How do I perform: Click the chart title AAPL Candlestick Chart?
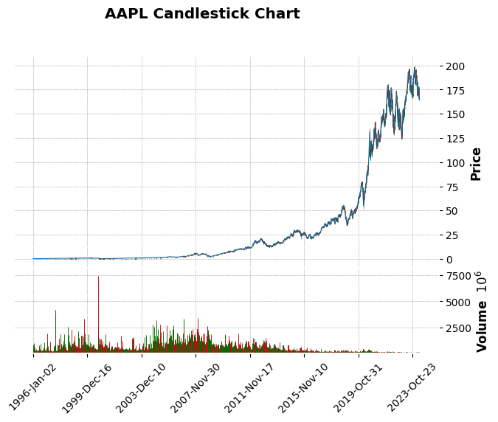pos(202,14)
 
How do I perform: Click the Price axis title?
pos(476,163)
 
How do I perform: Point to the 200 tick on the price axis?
pos(455,66)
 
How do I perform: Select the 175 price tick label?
pos(455,90)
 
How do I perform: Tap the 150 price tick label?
pos(455,114)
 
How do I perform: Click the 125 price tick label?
pos(455,139)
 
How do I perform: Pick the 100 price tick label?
pos(455,162)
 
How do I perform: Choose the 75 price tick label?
pos(452,187)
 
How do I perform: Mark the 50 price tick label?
pos(452,211)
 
